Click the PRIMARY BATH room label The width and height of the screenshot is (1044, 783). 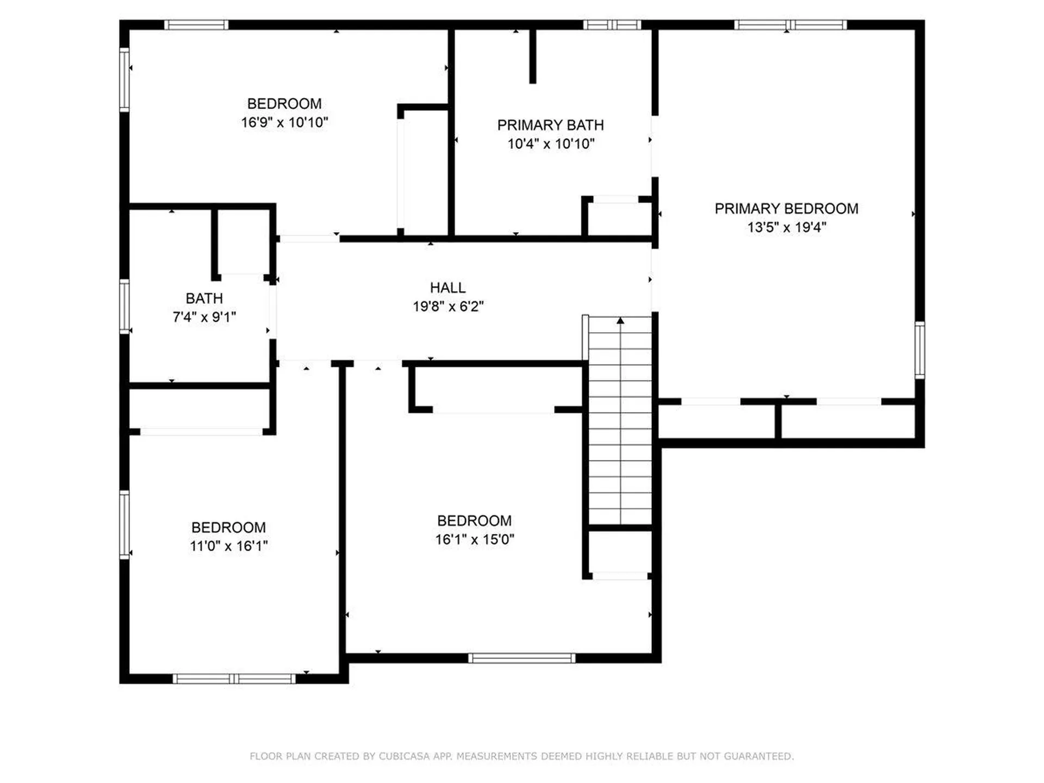pyautogui.click(x=550, y=125)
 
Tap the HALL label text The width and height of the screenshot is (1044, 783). pyautogui.click(x=448, y=288)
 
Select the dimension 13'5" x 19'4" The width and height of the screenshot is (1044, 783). pyautogui.click(x=786, y=227)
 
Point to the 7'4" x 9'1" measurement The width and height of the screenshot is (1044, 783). pyautogui.click(x=204, y=317)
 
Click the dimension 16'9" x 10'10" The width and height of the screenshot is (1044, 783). pyautogui.click(x=284, y=122)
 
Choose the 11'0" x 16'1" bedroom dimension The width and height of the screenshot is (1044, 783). pyautogui.click(x=228, y=546)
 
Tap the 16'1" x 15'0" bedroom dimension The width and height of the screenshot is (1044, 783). pyautogui.click(x=474, y=539)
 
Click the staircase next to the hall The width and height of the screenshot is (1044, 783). pyautogui.click(x=620, y=424)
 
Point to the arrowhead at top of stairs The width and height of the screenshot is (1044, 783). pyautogui.click(x=620, y=321)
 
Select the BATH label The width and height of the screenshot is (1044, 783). pyautogui.click(x=204, y=299)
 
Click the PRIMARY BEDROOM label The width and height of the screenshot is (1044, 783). pyautogui.click(x=786, y=209)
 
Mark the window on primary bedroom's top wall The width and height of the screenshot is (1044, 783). pyautogui.click(x=790, y=24)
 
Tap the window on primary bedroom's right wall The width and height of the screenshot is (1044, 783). pyautogui.click(x=919, y=350)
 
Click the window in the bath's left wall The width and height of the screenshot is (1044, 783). pyautogui.click(x=125, y=306)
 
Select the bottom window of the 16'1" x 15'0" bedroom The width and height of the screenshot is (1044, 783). pyautogui.click(x=521, y=658)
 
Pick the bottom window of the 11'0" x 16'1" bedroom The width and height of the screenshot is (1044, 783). pyautogui.click(x=234, y=679)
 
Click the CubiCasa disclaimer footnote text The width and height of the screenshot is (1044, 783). pyautogui.click(x=521, y=756)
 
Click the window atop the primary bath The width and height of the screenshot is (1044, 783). pyautogui.click(x=612, y=24)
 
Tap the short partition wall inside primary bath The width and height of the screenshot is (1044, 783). pyautogui.click(x=533, y=56)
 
